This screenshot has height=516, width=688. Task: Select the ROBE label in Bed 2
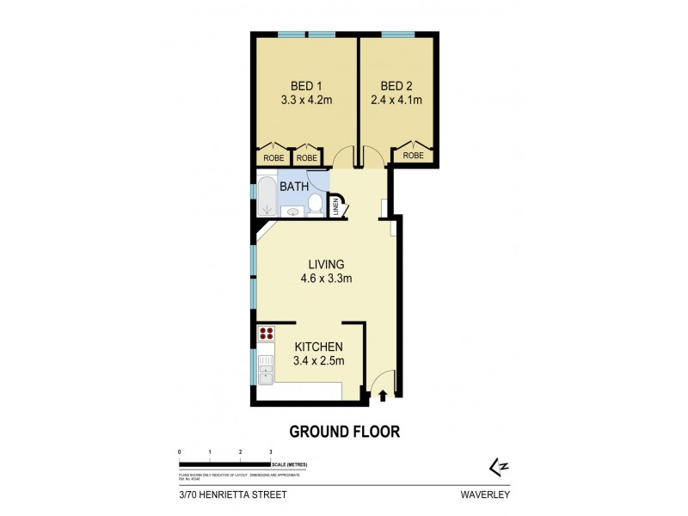pyautogui.click(x=413, y=157)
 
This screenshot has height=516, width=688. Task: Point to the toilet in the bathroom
pyautogui.click(x=315, y=206)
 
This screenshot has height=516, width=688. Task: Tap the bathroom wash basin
pyautogui.click(x=292, y=212)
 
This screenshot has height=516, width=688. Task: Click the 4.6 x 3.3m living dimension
pyautogui.click(x=326, y=279)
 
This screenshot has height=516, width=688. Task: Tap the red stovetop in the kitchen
pyautogui.click(x=266, y=334)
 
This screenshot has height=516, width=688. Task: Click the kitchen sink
pyautogui.click(x=265, y=373)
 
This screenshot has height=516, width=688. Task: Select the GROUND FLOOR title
pyautogui.click(x=344, y=432)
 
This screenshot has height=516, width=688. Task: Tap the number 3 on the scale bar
pyautogui.click(x=271, y=451)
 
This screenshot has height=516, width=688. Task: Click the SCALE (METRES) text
pyautogui.click(x=289, y=464)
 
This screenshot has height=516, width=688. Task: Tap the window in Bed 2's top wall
pyautogui.click(x=397, y=34)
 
